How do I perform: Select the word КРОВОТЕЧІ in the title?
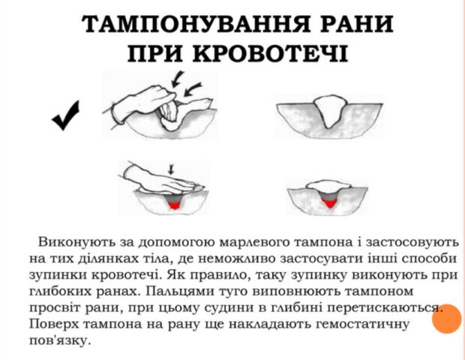coord(270,53)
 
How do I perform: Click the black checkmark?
coord(66,115)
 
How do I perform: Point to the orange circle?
coord(446,319)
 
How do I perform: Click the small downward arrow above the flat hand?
coord(170,169)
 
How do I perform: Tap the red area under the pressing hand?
coord(174,205)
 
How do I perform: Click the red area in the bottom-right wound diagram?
coord(329,203)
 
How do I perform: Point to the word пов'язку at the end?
coord(59,340)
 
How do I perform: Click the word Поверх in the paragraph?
coord(53,324)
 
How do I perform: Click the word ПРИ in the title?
coord(154,53)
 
